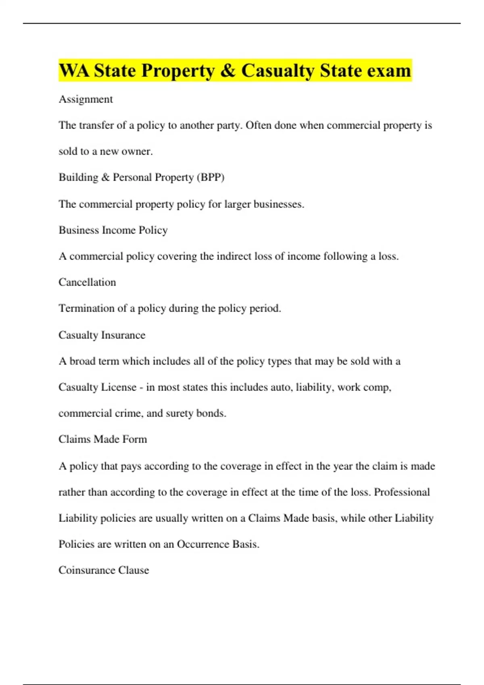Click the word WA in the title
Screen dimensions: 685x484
75,71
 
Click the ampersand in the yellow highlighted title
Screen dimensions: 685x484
228,71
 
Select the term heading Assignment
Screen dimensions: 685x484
86,99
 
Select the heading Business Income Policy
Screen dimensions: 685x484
113,230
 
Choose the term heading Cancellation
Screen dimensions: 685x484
87,282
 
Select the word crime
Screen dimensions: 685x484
127,413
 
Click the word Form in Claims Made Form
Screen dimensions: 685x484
134,439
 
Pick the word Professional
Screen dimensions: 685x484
402,492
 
